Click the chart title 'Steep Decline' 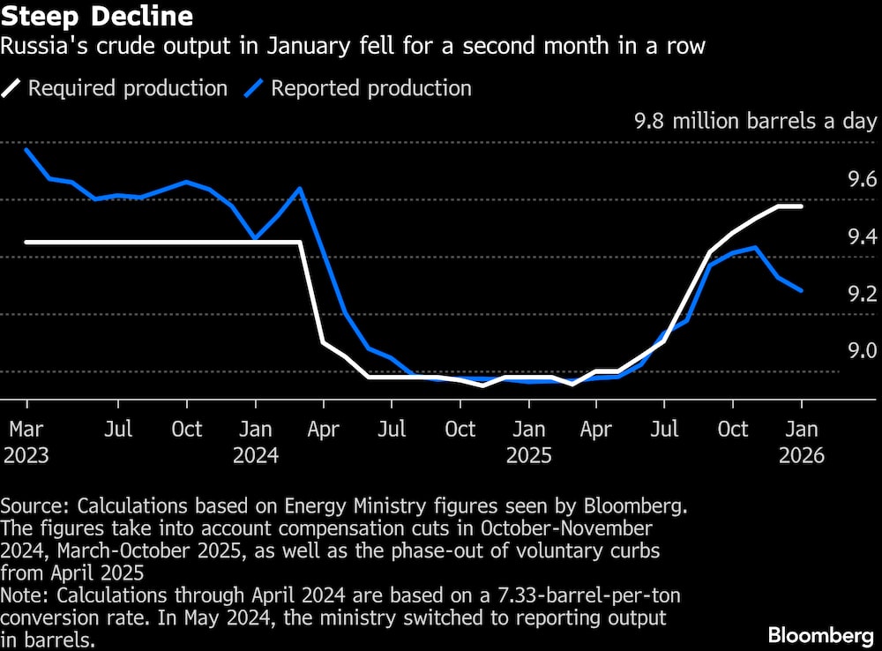coord(98,16)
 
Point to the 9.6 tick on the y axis coord(862,180)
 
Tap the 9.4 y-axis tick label coord(862,236)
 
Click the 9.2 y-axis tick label coord(862,294)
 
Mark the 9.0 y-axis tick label coord(862,351)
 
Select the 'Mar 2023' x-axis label coord(26,442)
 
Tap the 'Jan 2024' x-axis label coord(255,442)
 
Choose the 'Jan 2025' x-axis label coord(528,442)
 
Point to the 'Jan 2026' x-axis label coord(801,442)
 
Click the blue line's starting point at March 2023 coord(26,149)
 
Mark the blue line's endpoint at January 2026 coord(801,290)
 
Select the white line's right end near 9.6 coord(801,206)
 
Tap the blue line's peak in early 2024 coord(301,188)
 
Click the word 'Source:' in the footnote coord(36,506)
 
